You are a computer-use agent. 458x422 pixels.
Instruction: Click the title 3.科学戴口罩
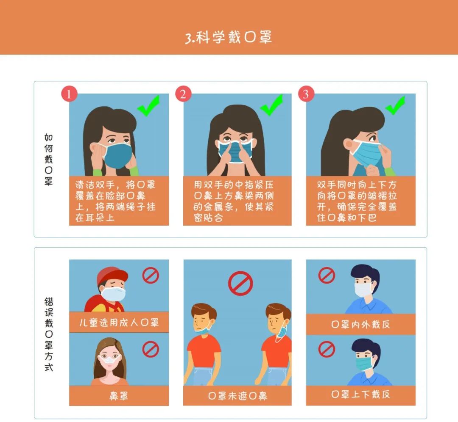pyautogui.click(x=229, y=37)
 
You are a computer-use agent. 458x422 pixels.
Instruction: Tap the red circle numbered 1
pyautogui.click(x=69, y=94)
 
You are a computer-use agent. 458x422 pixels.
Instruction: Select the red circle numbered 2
pyautogui.click(x=183, y=94)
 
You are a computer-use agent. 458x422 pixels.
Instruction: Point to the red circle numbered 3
pyautogui.click(x=306, y=94)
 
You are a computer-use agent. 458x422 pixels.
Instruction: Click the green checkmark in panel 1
pyautogui.click(x=148, y=106)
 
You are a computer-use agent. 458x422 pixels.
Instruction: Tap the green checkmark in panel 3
pyautogui.click(x=395, y=105)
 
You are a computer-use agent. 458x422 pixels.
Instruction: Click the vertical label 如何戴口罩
pyautogui.click(x=48, y=160)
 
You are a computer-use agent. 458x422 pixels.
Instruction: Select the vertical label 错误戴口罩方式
pyautogui.click(x=49, y=334)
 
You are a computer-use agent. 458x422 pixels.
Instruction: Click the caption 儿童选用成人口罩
pyautogui.click(x=119, y=322)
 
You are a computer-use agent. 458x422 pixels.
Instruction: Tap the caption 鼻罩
pyautogui.click(x=119, y=396)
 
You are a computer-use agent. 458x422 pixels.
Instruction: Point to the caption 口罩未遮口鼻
pyautogui.click(x=237, y=396)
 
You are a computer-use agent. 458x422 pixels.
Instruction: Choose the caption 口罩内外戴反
pyautogui.click(x=360, y=324)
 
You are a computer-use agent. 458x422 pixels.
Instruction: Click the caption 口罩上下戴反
pyautogui.click(x=360, y=394)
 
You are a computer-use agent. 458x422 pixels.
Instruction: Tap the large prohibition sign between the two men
pyautogui.click(x=240, y=283)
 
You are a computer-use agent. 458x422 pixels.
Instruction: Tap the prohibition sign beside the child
pyautogui.click(x=151, y=275)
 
